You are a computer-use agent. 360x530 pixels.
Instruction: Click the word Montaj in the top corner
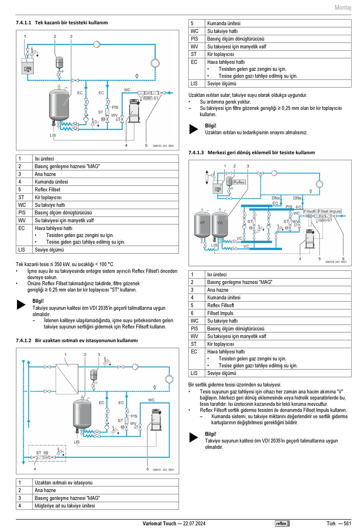tap(343, 8)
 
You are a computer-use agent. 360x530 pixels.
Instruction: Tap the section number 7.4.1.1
tap(23, 23)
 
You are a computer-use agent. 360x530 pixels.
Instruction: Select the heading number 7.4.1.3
tap(196, 153)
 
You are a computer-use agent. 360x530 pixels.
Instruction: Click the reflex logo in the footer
tap(282, 524)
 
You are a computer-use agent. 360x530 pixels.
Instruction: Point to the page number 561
tap(347, 524)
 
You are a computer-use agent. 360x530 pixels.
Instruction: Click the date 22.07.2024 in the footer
tap(194, 524)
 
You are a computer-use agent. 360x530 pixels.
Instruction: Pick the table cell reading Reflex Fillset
tap(47, 189)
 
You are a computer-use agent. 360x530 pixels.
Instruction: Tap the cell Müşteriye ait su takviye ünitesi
tap(65, 506)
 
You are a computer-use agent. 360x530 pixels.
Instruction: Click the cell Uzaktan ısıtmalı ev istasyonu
tap(63, 483)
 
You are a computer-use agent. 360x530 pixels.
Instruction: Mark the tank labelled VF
tap(202, 224)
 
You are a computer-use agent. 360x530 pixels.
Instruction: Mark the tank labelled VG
tap(220, 224)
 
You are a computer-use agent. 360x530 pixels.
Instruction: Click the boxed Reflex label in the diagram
tap(239, 182)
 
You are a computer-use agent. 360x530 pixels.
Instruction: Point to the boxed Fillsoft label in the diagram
tap(309, 211)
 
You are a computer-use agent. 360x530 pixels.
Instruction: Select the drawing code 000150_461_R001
tap(163, 146)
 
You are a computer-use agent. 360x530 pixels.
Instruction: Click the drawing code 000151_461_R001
tap(163, 470)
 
